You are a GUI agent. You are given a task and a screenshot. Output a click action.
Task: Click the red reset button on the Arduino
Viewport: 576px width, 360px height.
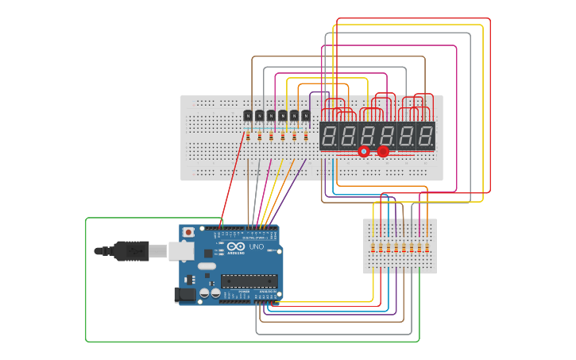point(188,232)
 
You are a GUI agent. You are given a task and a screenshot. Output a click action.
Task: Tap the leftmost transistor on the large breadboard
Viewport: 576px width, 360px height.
point(248,116)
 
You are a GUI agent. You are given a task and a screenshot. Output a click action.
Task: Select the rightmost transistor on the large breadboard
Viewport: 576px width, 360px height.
point(306,116)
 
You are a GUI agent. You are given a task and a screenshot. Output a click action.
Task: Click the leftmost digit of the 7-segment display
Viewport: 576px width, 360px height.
point(329,135)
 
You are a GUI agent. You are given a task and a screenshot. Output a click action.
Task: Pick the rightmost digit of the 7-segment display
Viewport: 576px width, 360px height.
point(426,135)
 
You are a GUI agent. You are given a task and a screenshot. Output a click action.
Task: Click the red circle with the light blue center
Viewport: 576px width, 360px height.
point(364,151)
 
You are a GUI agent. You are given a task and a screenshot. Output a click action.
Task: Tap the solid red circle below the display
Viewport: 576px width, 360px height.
point(383,151)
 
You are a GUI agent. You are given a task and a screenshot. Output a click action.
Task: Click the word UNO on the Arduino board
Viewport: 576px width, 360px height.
point(256,247)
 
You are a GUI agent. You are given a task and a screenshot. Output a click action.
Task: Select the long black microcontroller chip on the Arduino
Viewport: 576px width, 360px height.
point(249,281)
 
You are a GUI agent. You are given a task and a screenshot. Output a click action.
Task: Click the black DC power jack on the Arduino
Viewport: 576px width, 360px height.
point(184,294)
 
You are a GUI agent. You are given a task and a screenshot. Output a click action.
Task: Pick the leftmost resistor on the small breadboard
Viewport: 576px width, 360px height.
point(373,248)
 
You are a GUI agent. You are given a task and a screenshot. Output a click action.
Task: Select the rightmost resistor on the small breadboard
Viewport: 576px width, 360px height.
point(427,248)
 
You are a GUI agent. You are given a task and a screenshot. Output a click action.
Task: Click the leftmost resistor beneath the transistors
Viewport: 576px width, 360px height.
point(248,137)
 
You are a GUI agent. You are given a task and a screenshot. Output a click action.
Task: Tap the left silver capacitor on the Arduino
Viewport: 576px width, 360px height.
point(205,292)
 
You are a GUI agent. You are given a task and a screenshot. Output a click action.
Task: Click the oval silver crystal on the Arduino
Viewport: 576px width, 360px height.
point(207,265)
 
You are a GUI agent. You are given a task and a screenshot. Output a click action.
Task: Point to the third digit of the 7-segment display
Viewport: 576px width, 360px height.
point(368,135)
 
